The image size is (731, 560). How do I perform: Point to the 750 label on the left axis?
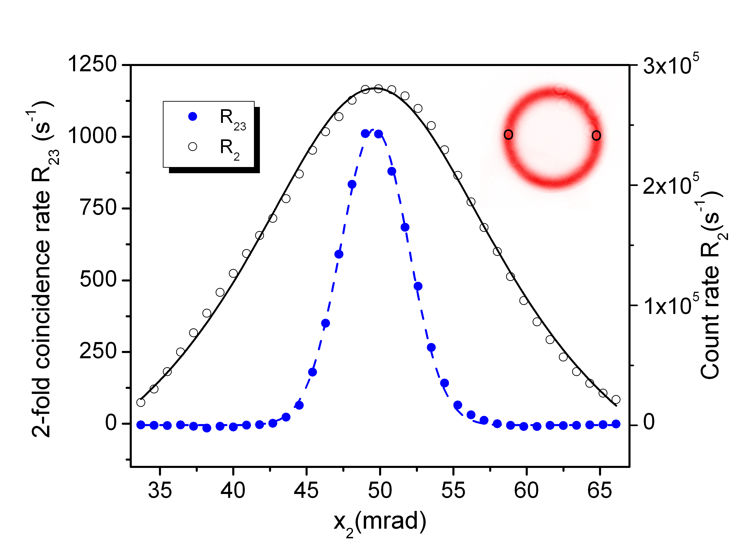99,208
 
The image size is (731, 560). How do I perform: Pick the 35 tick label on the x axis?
160,491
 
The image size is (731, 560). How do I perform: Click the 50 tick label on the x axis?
380,491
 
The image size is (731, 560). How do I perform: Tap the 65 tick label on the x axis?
600,491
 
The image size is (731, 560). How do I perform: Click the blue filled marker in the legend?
193,116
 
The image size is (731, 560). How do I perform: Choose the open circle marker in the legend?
193,147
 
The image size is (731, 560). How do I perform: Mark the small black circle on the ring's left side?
508,135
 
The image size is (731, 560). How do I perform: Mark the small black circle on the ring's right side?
596,135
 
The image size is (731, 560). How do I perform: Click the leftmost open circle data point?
141,402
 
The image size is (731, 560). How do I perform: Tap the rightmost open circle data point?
616,399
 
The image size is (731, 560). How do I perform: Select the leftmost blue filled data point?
141,425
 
